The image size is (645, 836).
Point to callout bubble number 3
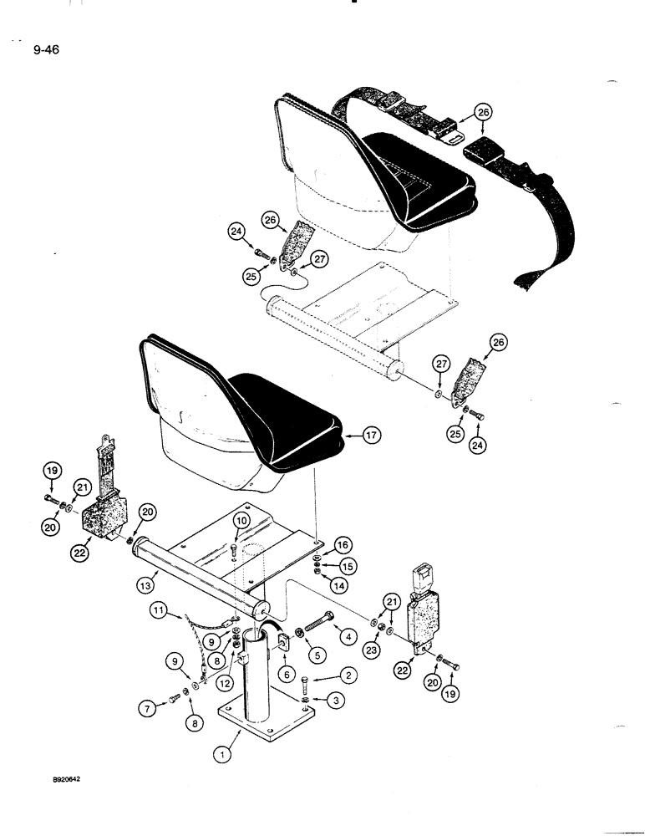point(334,700)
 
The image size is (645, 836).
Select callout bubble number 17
point(371,434)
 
